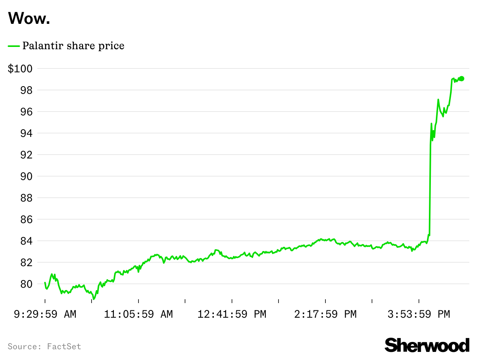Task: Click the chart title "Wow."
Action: pos(29,18)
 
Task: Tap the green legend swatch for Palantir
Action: pos(14,46)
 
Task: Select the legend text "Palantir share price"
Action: pos(73,46)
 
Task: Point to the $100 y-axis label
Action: pos(20,69)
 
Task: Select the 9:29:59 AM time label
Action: pos(45,314)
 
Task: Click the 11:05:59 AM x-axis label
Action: pos(138,314)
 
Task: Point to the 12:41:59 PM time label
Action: pos(232,314)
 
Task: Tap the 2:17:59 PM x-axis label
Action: pos(325,314)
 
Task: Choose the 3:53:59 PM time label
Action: pos(419,314)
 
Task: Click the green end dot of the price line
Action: pos(462,78)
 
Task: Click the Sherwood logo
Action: pos(427,345)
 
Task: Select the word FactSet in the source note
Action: pos(64,347)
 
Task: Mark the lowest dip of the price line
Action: pos(94,299)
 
